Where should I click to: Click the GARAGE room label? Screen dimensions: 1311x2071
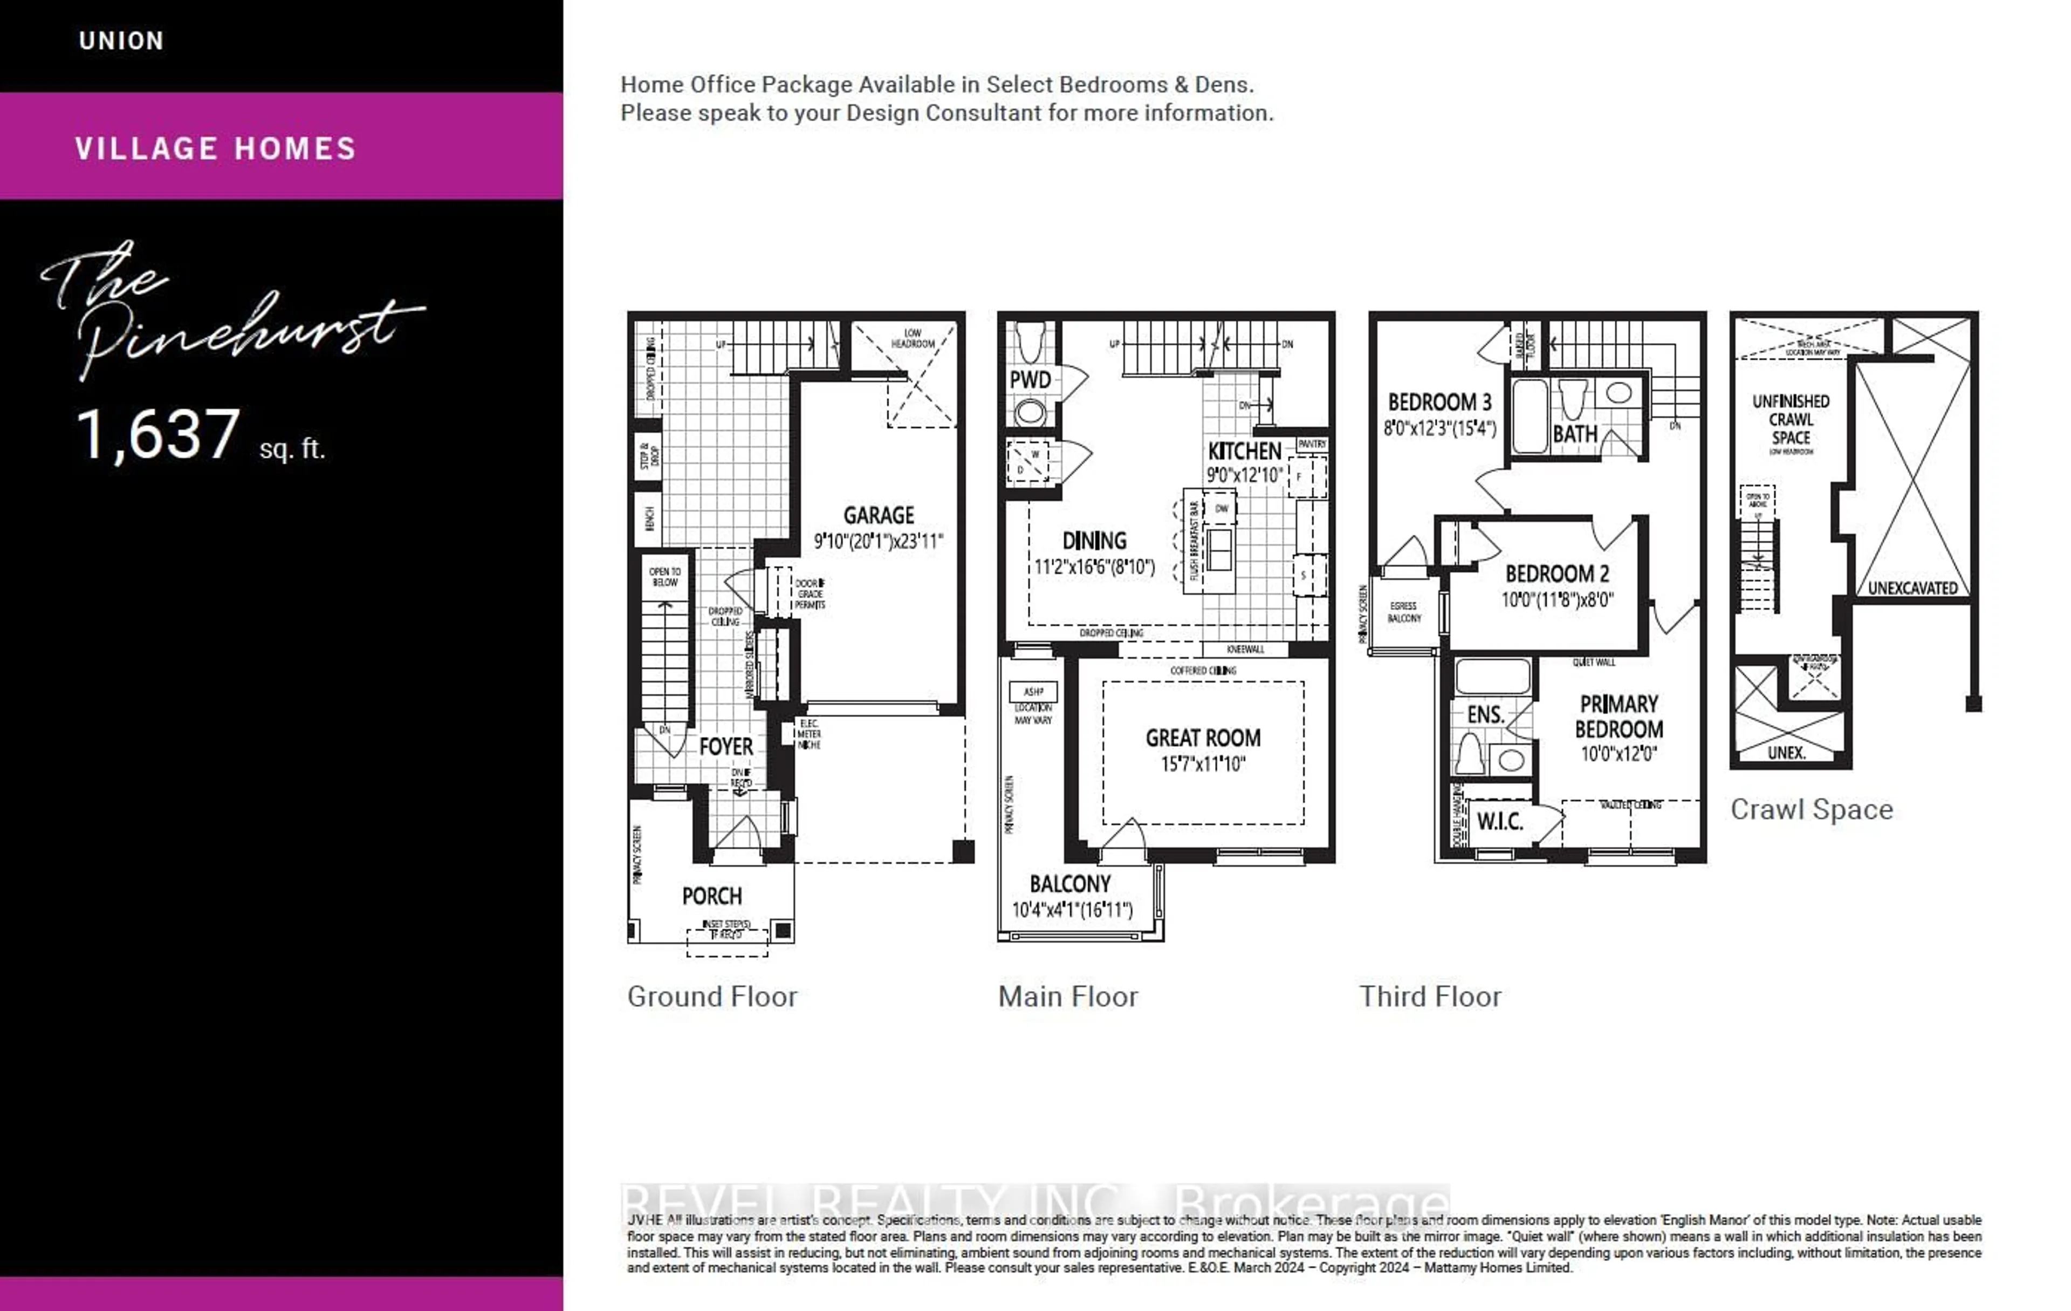pos(878,515)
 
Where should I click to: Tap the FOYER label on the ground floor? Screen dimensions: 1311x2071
pos(726,747)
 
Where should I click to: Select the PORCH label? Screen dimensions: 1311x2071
pos(711,896)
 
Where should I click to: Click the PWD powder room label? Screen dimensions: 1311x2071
pos(1030,380)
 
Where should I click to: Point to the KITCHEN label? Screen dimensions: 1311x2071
pos(1244,452)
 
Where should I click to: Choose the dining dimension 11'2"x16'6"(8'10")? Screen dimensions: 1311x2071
pos(1094,567)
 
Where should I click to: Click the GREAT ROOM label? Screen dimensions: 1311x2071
pos(1202,738)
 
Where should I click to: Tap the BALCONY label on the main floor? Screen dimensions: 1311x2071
pos(1070,884)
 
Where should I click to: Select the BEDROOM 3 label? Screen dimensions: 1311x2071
pos(1439,402)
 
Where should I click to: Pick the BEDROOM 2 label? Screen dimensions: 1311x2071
pos(1556,574)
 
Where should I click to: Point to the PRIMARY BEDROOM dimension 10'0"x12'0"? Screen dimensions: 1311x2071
pos(1619,754)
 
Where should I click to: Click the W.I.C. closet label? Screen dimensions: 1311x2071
pos(1500,822)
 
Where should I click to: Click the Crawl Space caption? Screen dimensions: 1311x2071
pos(1811,809)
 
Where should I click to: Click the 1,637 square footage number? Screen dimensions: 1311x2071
pos(158,434)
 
